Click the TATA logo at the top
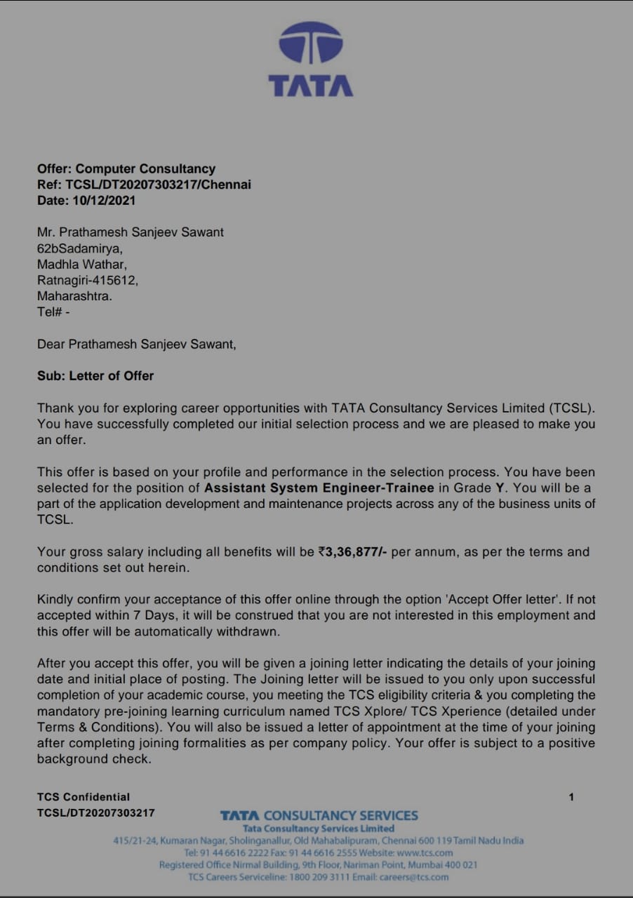311,59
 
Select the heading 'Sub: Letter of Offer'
95,376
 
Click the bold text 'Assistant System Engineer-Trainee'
319,488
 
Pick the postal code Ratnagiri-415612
88,280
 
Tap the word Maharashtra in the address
74,296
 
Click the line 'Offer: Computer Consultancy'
126,169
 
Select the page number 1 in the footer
571,797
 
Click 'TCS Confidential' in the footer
84,797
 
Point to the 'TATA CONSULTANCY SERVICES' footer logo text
319,815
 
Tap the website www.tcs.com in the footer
425,852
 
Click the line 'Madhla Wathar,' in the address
82,264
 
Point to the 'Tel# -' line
53,312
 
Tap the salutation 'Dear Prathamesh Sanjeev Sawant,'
137,344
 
